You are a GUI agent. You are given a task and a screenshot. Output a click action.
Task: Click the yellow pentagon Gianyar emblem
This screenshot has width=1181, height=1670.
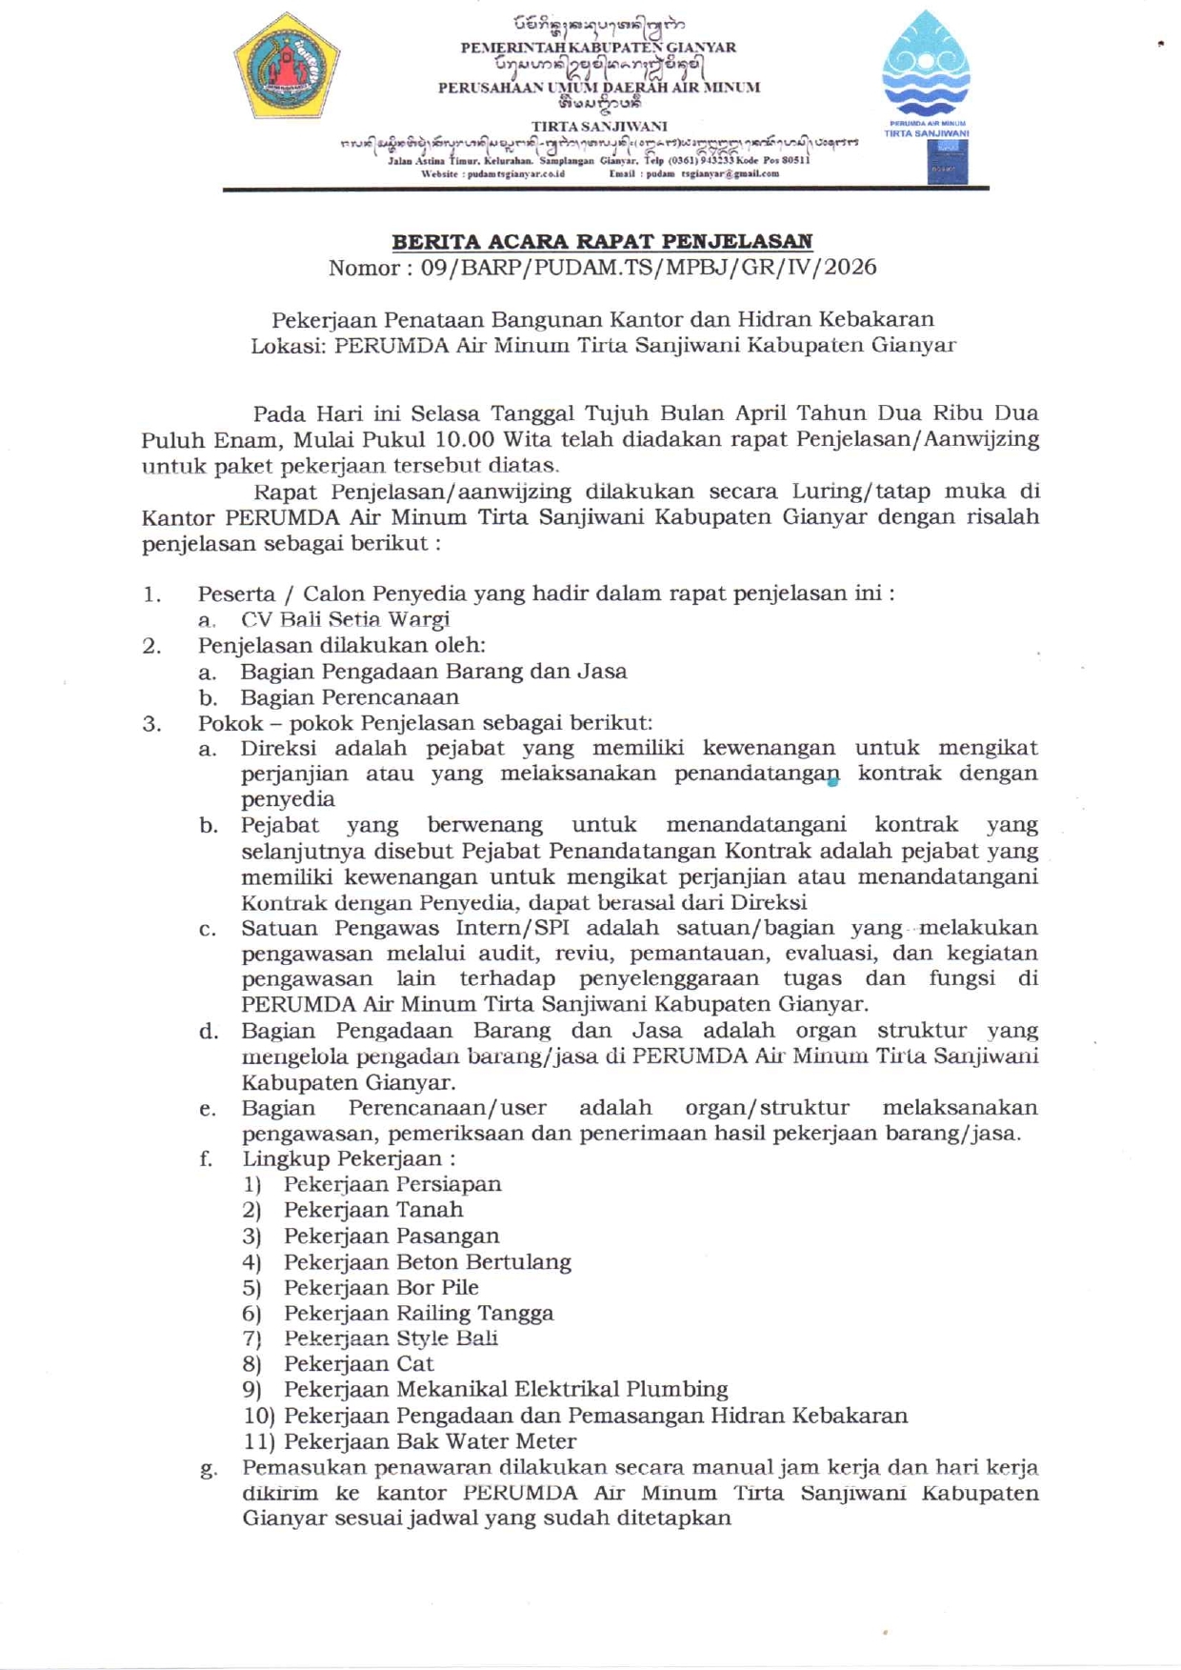point(287,67)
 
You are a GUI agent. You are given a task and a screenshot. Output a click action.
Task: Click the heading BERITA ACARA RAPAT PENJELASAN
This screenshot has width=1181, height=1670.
point(602,241)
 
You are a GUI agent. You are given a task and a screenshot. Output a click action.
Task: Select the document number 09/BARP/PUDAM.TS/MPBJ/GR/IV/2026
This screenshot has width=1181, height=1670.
point(649,268)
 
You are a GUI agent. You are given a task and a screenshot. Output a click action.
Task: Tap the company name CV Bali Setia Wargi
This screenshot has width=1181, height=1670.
point(345,620)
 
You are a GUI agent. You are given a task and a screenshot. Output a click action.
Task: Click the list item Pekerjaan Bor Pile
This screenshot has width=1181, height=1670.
point(381,1288)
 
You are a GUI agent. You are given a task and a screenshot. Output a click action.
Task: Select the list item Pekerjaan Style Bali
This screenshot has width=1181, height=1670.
point(390,1338)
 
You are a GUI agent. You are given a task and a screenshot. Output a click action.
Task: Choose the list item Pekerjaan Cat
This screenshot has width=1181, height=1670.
point(358,1364)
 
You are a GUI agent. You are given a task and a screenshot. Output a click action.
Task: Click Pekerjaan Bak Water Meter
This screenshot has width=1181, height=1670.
point(430,1442)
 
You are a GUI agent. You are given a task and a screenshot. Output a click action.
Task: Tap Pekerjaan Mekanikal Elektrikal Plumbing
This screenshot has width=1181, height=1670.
point(506,1390)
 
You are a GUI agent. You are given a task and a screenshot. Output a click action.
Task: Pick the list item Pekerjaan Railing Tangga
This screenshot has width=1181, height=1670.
point(418,1314)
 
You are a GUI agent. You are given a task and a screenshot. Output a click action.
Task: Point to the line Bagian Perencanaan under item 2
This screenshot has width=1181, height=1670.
point(350,697)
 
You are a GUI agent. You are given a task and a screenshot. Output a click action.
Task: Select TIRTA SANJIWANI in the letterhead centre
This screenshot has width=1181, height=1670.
point(599,126)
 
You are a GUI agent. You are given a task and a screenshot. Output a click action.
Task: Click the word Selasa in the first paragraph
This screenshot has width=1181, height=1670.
point(445,413)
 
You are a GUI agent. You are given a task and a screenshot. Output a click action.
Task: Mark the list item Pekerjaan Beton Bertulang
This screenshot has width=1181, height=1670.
point(428,1262)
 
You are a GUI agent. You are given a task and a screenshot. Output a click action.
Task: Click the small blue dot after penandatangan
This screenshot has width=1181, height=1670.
point(833,782)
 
